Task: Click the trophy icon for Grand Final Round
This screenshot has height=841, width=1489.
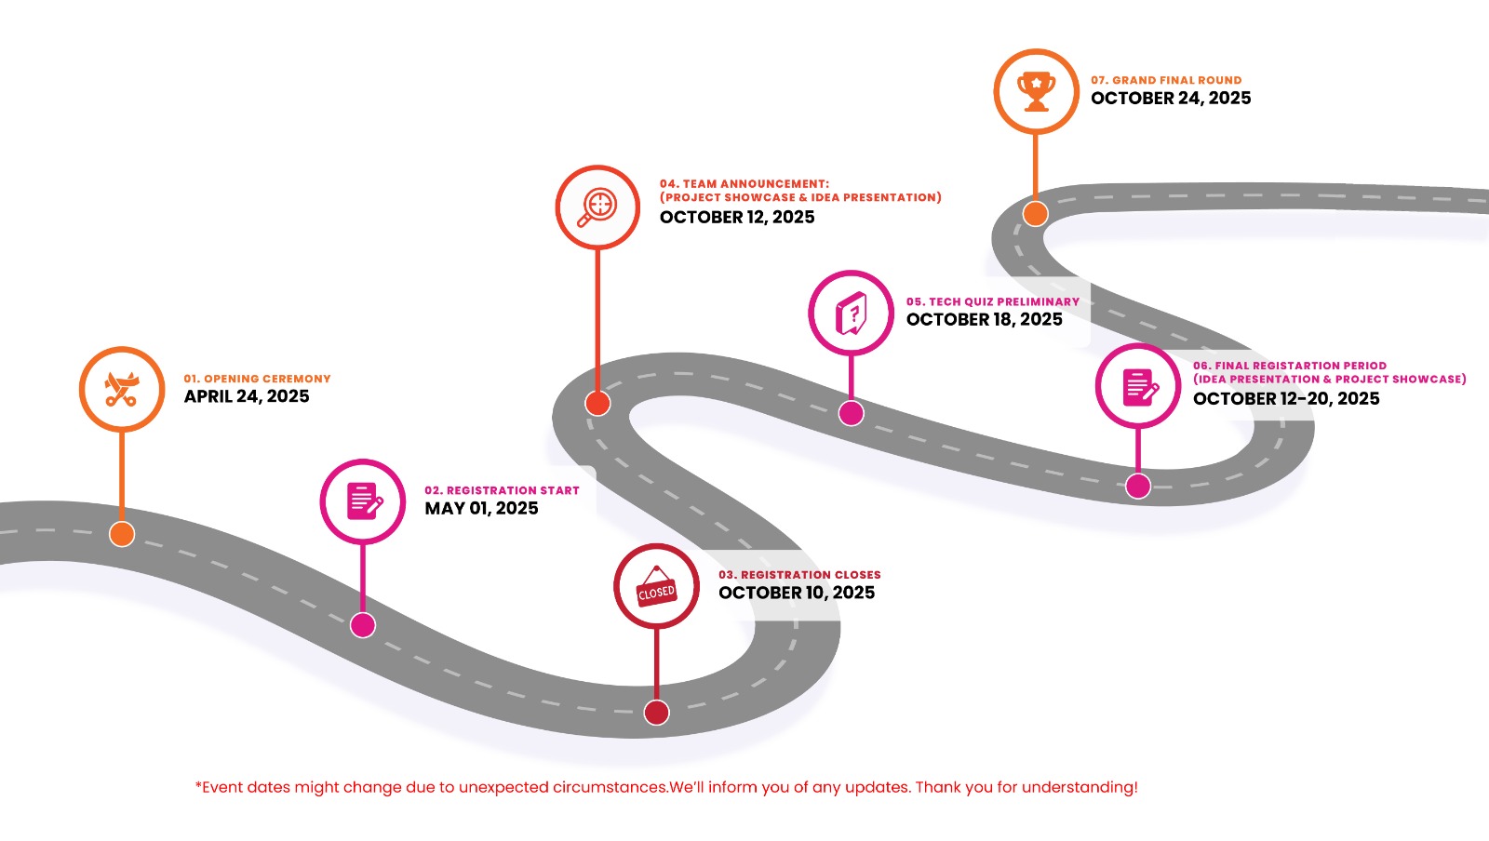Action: pyautogui.click(x=1036, y=91)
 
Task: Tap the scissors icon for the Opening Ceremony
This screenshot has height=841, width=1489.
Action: pyautogui.click(x=122, y=389)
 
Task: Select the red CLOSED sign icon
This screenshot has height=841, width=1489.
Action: pyautogui.click(x=656, y=586)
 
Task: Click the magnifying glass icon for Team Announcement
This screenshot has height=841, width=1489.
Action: pyautogui.click(x=597, y=207)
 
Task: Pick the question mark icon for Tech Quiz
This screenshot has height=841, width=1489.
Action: pyautogui.click(x=851, y=313)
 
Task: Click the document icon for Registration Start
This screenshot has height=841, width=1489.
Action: pyautogui.click(x=363, y=501)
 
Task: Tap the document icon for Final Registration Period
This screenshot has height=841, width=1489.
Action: pyautogui.click(x=1138, y=386)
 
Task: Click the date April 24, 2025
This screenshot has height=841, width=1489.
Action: pyautogui.click(x=247, y=396)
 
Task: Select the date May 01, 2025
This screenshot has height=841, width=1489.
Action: pyautogui.click(x=481, y=508)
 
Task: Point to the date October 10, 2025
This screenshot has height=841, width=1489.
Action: pyautogui.click(x=797, y=593)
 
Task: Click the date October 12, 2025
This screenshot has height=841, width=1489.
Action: pyautogui.click(x=737, y=217)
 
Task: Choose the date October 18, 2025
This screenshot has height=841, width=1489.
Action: pyautogui.click(x=984, y=319)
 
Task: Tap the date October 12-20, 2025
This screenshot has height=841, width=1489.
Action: pyautogui.click(x=1286, y=398)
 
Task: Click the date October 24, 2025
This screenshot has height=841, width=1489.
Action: pyautogui.click(x=1171, y=98)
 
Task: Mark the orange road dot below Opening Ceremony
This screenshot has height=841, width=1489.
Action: pyautogui.click(x=122, y=534)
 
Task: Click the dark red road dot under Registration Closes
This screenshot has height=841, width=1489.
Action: pyautogui.click(x=657, y=713)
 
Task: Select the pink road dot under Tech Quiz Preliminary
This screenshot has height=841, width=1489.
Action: pyautogui.click(x=851, y=413)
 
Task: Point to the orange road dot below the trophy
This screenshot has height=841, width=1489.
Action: pyautogui.click(x=1035, y=214)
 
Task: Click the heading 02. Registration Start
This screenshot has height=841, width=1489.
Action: pyautogui.click(x=502, y=490)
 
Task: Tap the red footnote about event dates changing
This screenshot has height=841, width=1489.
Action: pyautogui.click(x=666, y=787)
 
